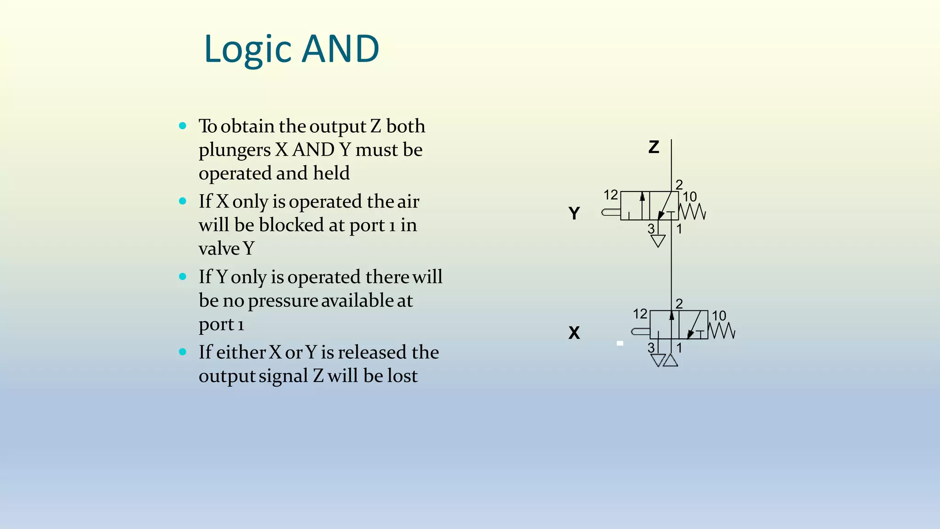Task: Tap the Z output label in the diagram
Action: coord(654,147)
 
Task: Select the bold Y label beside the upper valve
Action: coord(574,213)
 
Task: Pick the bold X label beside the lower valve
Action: coord(574,332)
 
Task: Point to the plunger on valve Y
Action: coord(611,212)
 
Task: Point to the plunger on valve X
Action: coord(641,331)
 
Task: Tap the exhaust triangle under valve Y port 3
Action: coord(658,240)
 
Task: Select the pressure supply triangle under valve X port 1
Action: coord(671,360)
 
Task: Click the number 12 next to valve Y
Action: coord(610,195)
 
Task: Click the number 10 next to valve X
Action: coord(719,315)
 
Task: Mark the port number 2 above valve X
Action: coord(679,304)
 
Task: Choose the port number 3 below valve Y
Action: coord(651,229)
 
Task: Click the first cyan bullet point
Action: coord(183,125)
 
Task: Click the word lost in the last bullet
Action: coord(403,376)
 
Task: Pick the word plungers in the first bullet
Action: coord(235,150)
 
